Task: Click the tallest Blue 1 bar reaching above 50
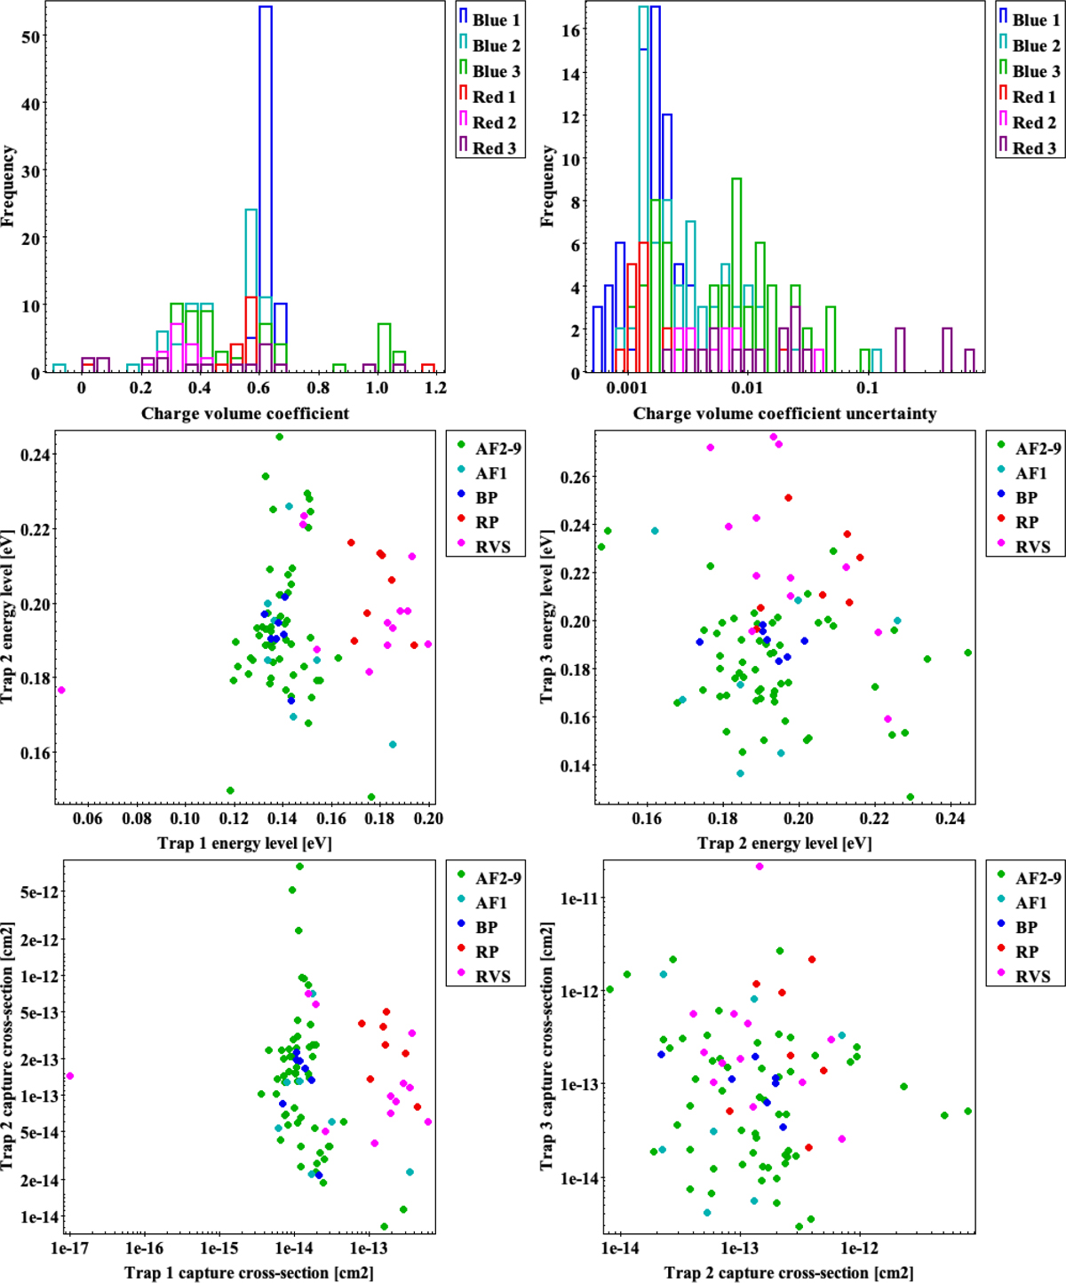pyautogui.click(x=265, y=178)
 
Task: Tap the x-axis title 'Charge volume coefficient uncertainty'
pyautogui.click(x=784, y=414)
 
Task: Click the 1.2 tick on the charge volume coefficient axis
pyautogui.click(x=435, y=388)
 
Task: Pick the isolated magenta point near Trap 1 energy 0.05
pyautogui.click(x=61, y=690)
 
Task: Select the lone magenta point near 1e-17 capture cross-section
pyautogui.click(x=70, y=1076)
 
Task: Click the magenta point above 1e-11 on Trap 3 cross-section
pyautogui.click(x=760, y=867)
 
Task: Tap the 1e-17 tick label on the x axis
pyautogui.click(x=70, y=1247)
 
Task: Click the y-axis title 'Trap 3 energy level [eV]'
pyautogui.click(x=546, y=618)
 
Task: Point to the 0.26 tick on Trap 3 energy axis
pyautogui.click(x=574, y=478)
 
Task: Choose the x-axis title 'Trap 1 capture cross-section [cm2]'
pyautogui.click(x=249, y=1272)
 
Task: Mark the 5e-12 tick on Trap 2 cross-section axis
pyautogui.click(x=39, y=892)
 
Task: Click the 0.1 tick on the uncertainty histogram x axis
pyautogui.click(x=867, y=388)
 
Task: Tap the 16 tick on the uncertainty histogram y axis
pyautogui.click(x=570, y=31)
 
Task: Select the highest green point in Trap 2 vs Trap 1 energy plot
pyautogui.click(x=280, y=437)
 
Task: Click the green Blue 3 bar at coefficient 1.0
pyautogui.click(x=384, y=348)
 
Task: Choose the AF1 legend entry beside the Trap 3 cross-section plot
pyautogui.click(x=1030, y=903)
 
